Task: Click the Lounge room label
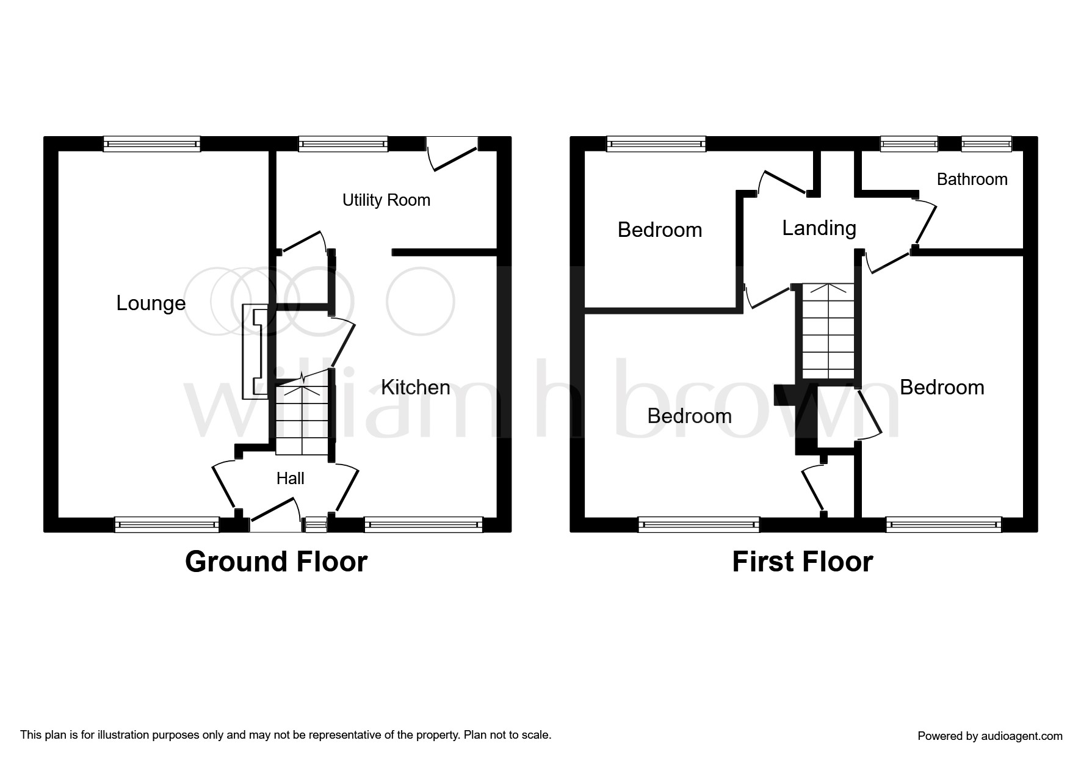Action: coord(151,303)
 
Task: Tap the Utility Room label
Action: coord(386,200)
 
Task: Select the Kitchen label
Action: coord(415,387)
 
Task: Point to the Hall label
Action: coord(290,478)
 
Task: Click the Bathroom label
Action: coord(972,179)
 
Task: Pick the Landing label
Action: coord(819,228)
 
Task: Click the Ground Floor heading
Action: coord(276,562)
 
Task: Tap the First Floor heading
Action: coord(802,562)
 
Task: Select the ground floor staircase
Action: coord(302,418)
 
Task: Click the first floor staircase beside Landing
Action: coord(828,331)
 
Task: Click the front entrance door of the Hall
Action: coord(275,513)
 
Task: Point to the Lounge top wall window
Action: coord(151,144)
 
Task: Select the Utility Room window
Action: coord(344,144)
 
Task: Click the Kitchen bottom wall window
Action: coord(423,524)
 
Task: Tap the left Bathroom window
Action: coord(909,144)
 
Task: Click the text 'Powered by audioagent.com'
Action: coord(990,736)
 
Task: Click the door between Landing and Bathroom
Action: coord(925,222)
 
